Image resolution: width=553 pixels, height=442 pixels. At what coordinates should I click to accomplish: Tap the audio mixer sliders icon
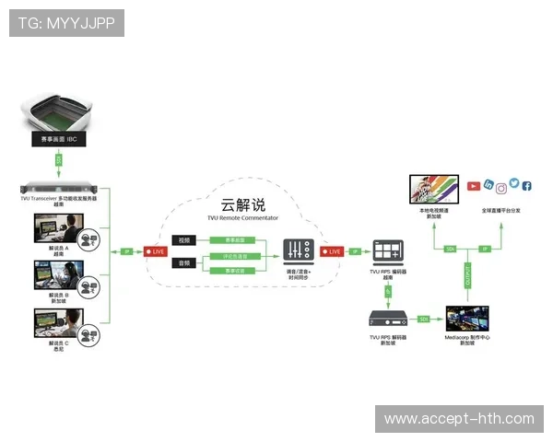pos(298,250)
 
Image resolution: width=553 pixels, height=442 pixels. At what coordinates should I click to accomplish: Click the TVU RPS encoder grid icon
pos(387,251)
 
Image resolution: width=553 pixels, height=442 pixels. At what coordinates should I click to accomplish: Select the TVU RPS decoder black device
pos(387,319)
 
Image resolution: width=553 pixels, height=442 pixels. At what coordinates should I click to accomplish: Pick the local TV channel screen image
pos(434,190)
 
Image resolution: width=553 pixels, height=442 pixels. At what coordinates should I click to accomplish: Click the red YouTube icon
pos(474,187)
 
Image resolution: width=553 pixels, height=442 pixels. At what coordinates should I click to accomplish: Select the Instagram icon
pos(501,188)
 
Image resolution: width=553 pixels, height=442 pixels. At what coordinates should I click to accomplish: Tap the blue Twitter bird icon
pos(514,183)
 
